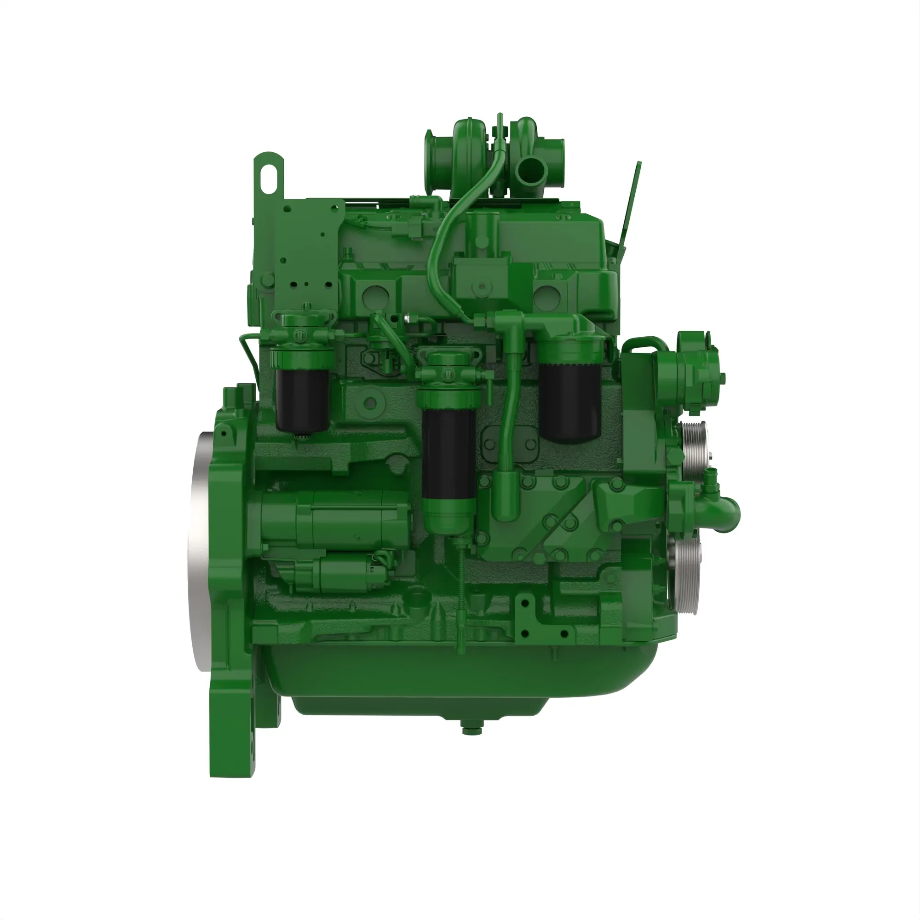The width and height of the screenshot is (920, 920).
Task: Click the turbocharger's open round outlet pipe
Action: [x=532, y=168]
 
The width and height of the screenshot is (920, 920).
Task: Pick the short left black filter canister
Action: [x=302, y=400]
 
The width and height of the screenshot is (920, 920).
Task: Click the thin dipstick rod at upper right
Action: [x=631, y=205]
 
